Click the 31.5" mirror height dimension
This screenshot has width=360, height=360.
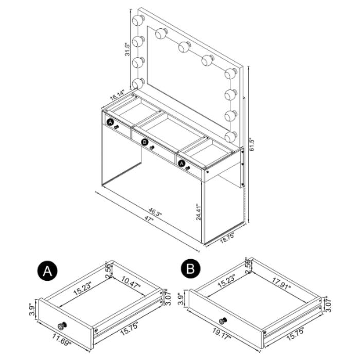click(128, 49)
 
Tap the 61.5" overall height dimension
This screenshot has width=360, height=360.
click(253, 144)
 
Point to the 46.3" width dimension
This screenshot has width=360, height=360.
click(155, 212)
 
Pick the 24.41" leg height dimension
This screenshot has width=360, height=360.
click(199, 211)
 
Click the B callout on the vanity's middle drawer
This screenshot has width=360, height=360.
click(145, 142)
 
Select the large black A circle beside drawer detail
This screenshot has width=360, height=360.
click(47, 271)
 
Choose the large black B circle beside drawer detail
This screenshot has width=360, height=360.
click(190, 268)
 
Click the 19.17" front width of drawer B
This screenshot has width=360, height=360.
click(222, 334)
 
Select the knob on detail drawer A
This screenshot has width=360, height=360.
click(62, 326)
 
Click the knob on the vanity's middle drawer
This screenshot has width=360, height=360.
click(152, 148)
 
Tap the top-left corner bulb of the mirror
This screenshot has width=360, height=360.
click(138, 20)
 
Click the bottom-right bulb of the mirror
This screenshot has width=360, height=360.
click(231, 137)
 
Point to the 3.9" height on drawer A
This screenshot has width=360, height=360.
click(32, 309)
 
